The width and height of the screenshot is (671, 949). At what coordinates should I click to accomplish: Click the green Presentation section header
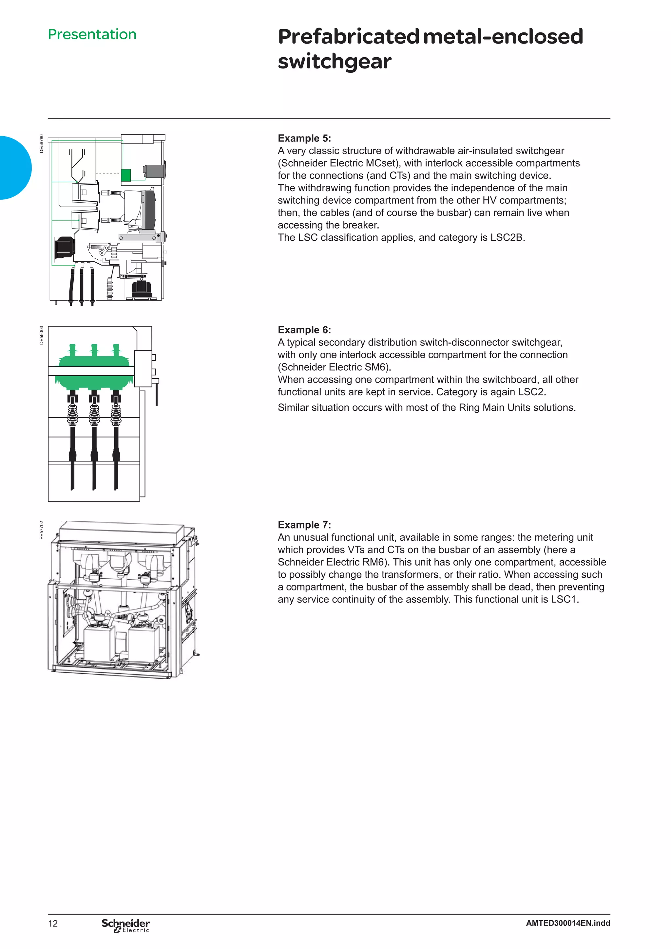92,34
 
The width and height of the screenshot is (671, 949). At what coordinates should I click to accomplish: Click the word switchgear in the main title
334,62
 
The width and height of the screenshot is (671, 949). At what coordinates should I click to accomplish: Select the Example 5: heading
304,139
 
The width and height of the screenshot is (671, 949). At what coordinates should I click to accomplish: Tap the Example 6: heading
304,330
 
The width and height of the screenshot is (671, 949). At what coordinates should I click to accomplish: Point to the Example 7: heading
304,525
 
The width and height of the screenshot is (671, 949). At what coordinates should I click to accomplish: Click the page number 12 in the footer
53,923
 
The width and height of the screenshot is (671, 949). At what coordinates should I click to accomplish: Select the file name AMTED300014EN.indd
568,923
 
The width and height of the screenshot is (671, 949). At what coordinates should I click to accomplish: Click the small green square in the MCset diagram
126,175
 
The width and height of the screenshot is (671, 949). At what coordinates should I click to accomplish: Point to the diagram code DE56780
41,144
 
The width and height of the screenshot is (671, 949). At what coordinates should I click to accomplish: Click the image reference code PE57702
41,530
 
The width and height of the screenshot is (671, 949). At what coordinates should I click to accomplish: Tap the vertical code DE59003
41,335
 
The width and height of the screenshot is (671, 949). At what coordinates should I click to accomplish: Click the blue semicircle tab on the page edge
14,168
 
